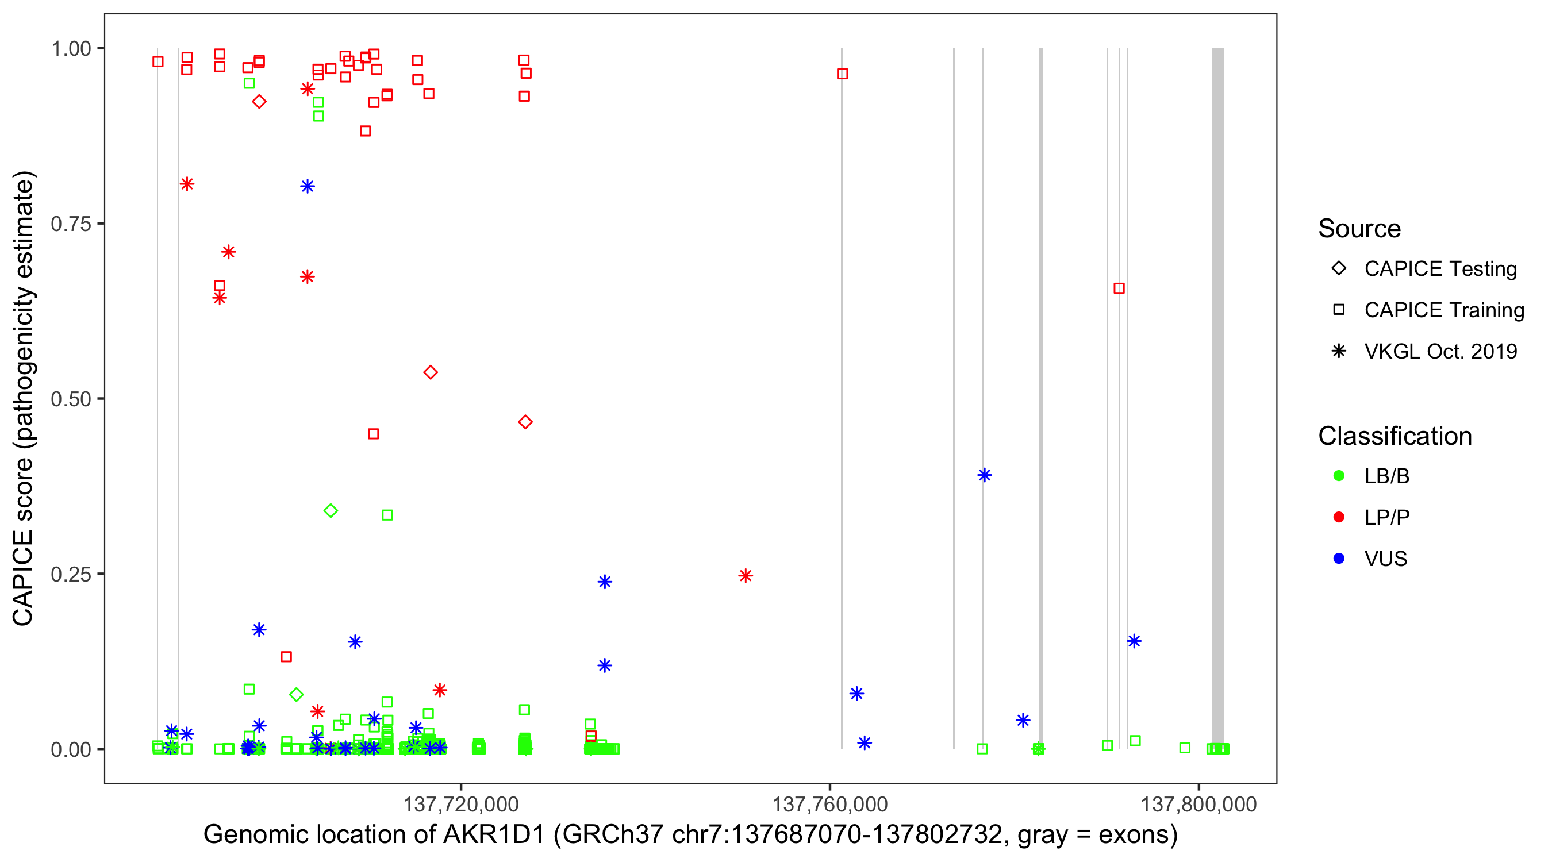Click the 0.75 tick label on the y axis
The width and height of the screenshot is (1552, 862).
pyautogui.click(x=71, y=224)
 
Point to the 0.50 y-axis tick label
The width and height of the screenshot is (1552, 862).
pyautogui.click(x=71, y=399)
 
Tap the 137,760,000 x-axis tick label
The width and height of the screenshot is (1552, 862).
pyautogui.click(x=829, y=804)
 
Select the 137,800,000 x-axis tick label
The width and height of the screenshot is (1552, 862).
pyautogui.click(x=1198, y=804)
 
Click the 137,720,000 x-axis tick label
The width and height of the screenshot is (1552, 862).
pyautogui.click(x=461, y=804)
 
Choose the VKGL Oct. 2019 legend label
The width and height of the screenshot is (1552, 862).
pyautogui.click(x=1440, y=351)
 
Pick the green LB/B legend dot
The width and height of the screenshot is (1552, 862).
pyautogui.click(x=1339, y=476)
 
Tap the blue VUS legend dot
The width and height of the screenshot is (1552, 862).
pyautogui.click(x=1339, y=559)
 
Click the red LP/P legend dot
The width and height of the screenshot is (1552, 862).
pyautogui.click(x=1339, y=517)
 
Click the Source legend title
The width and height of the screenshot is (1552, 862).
pyautogui.click(x=1359, y=229)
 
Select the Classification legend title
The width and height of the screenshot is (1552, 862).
pyautogui.click(x=1395, y=436)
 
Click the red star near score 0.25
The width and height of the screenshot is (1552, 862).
pyautogui.click(x=746, y=576)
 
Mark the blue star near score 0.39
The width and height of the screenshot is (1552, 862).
pyautogui.click(x=985, y=475)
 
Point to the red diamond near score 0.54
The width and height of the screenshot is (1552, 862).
pyautogui.click(x=430, y=373)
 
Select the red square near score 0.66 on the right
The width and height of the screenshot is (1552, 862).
pyautogui.click(x=1119, y=288)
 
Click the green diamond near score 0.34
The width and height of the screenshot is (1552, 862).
pyautogui.click(x=331, y=511)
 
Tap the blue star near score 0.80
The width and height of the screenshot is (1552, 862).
pyautogui.click(x=308, y=186)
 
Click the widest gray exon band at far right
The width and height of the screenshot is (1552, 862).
pyautogui.click(x=1217, y=398)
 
